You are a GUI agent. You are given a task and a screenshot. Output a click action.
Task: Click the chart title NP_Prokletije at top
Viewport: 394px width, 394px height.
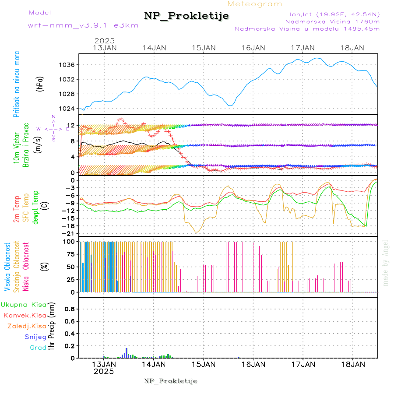[186, 16]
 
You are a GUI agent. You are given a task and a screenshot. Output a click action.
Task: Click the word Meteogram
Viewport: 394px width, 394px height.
[255, 4]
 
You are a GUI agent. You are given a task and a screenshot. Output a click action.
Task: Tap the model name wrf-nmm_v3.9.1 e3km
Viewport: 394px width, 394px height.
[83, 25]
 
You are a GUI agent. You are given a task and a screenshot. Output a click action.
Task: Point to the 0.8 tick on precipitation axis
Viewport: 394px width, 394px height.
[70, 309]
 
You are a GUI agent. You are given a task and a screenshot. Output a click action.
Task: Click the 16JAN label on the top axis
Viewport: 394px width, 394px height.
[253, 48]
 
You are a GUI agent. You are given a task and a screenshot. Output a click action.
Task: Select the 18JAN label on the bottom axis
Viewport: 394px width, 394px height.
[352, 364]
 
